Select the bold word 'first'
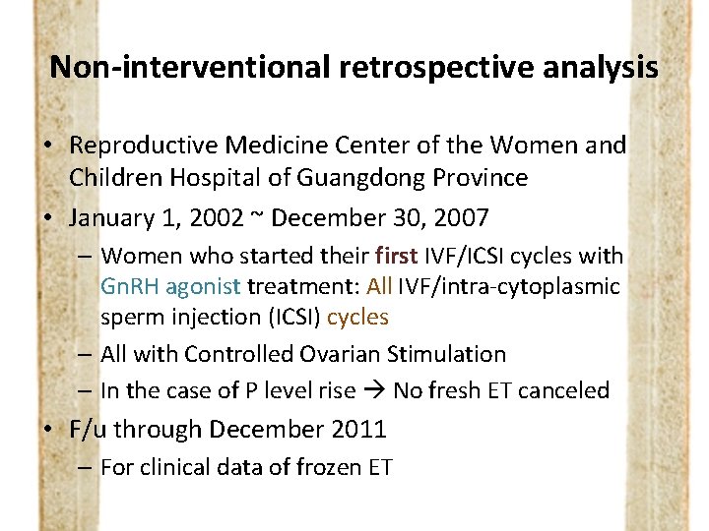[397, 256]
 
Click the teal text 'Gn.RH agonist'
[170, 286]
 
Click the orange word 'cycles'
[357, 317]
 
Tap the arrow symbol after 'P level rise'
[374, 390]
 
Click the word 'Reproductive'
[143, 146]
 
